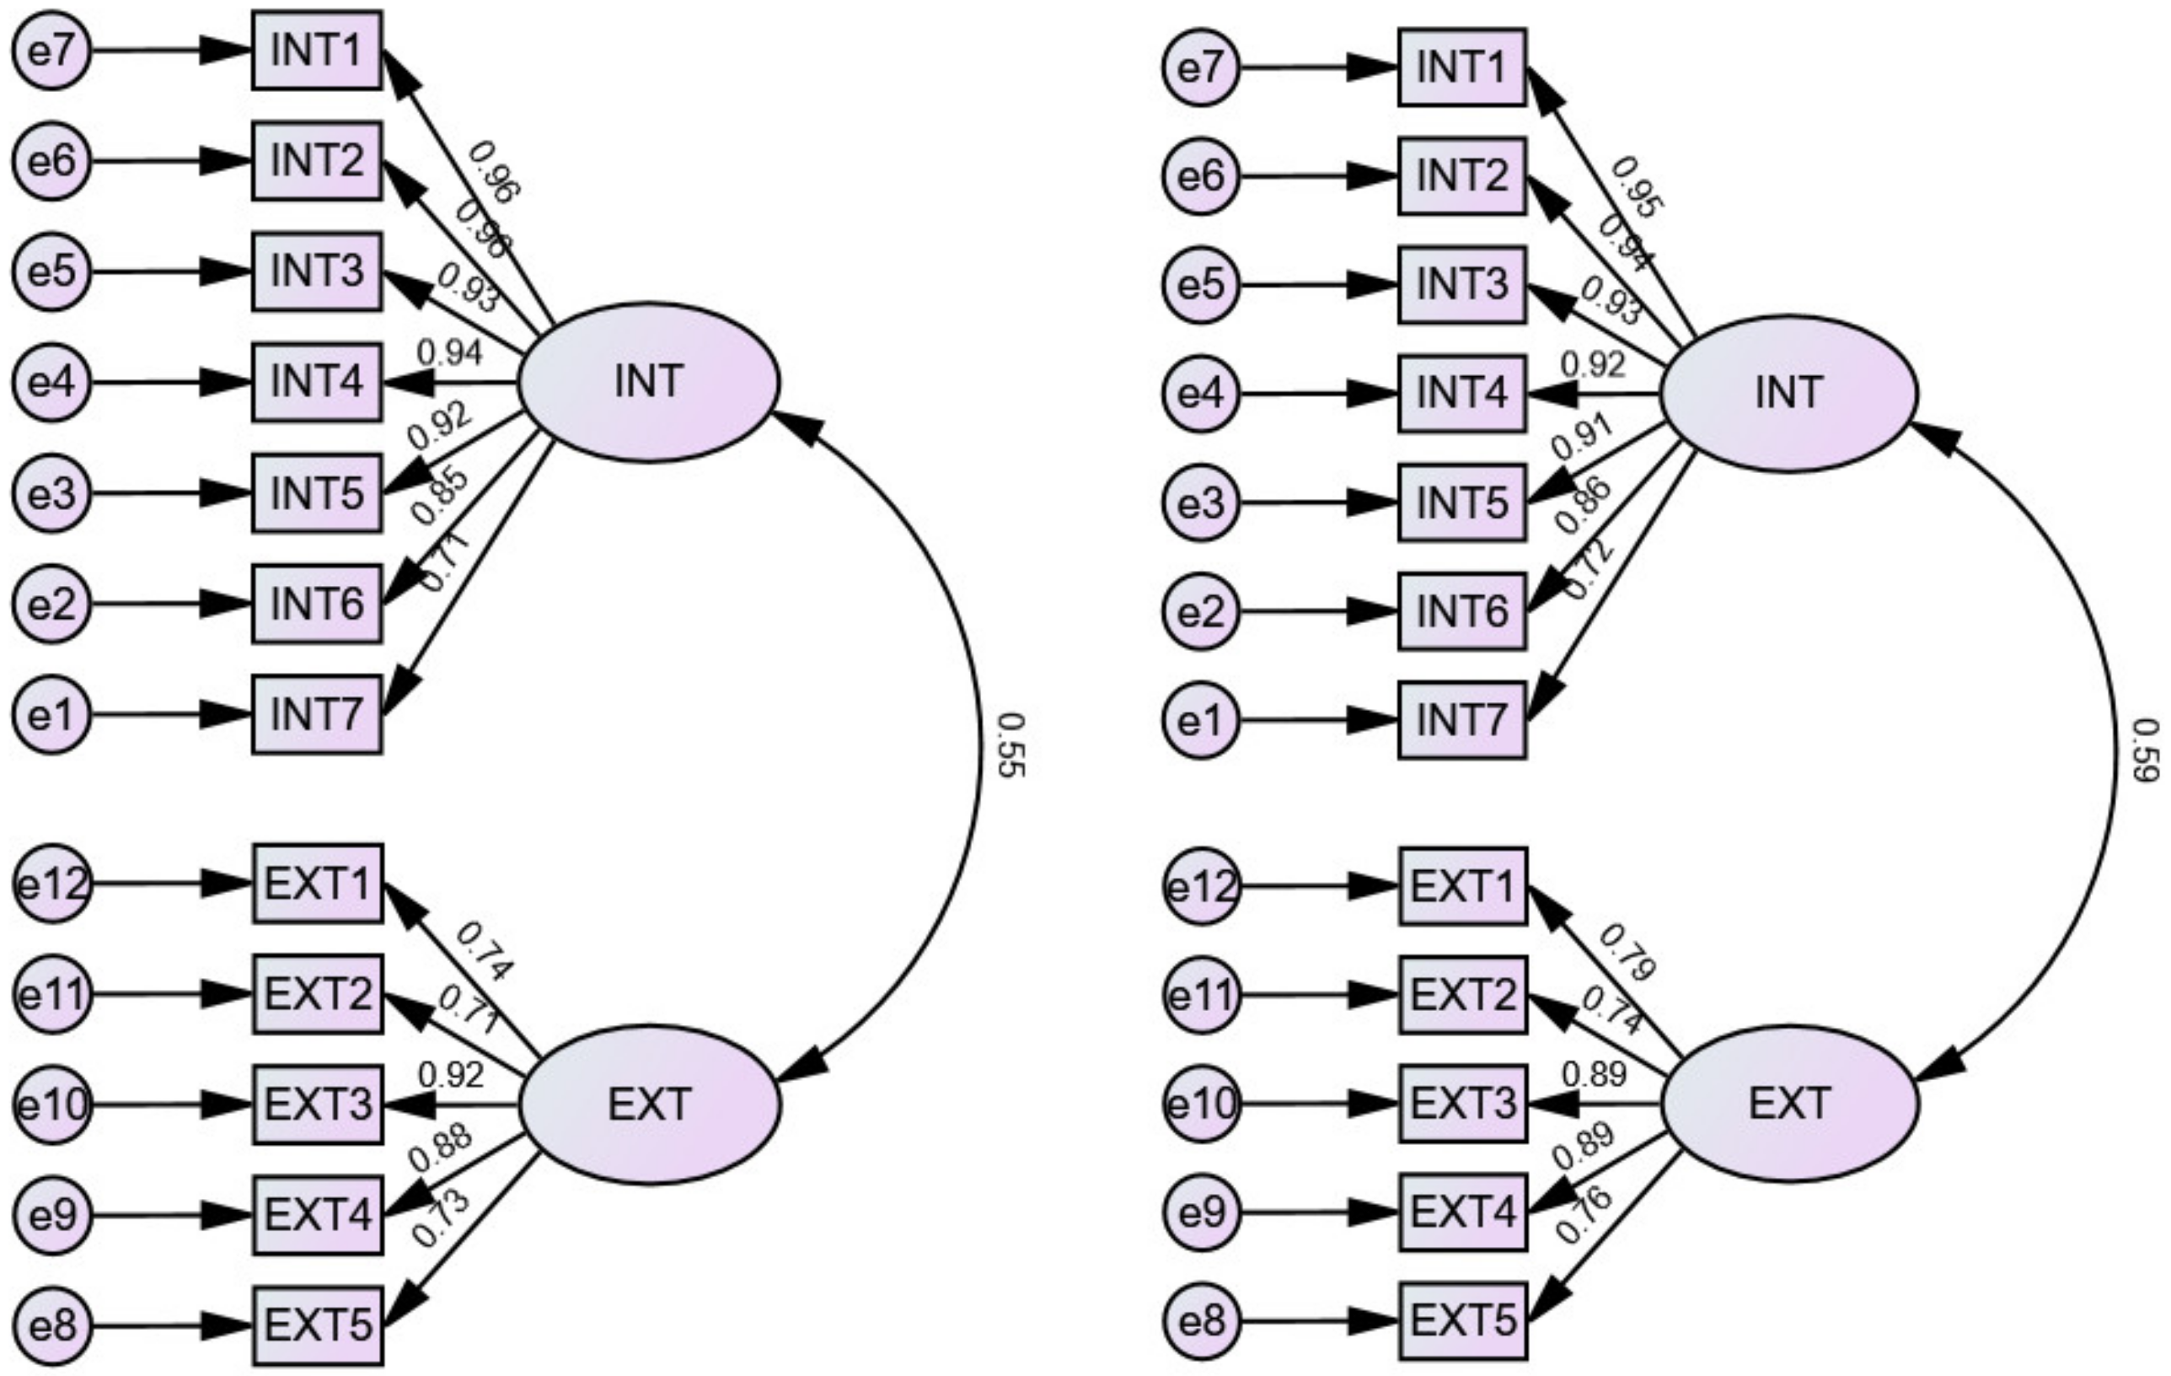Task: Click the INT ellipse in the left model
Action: tap(649, 381)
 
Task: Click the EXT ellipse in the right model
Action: tap(1789, 1103)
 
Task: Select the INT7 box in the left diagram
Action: tap(316, 714)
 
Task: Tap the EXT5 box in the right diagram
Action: tap(1462, 1320)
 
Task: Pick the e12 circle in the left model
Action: tap(52, 884)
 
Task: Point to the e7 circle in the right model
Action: tap(1201, 67)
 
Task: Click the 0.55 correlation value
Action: tap(1011, 744)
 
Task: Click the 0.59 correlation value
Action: tap(2146, 750)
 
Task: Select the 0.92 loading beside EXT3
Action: tap(451, 1074)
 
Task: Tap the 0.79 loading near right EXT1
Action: tap(1628, 952)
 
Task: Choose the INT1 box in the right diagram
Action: tap(1461, 67)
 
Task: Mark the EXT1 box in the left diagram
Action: tap(318, 883)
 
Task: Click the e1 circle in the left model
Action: tap(52, 715)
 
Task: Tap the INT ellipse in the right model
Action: tap(1788, 393)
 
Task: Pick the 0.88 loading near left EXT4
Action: tap(440, 1148)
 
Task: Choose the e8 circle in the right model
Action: tap(1201, 1322)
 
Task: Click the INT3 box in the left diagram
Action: tap(316, 271)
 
